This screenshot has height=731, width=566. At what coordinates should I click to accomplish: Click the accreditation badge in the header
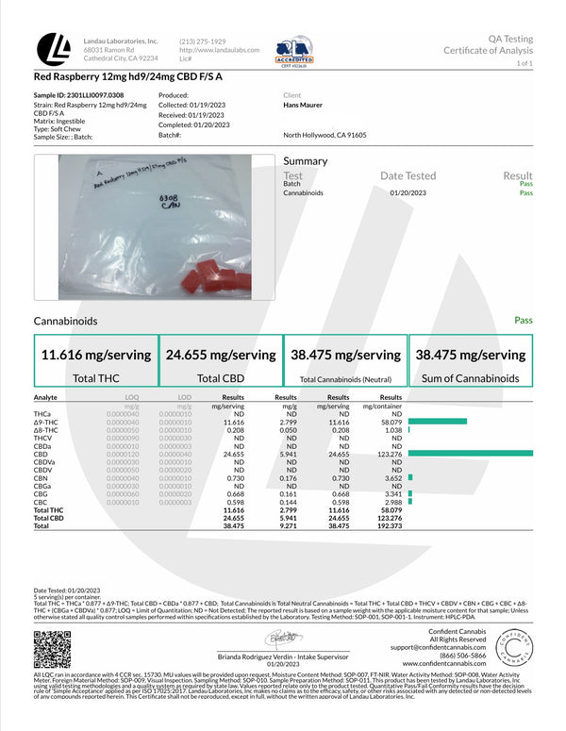tap(294, 49)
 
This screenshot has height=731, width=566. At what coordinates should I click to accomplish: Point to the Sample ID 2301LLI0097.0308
tap(77, 95)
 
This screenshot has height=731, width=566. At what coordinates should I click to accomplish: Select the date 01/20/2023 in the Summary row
tap(408, 192)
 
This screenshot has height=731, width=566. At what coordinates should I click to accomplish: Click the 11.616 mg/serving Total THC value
tap(95, 356)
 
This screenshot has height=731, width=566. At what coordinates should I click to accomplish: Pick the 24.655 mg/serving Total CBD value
tap(220, 356)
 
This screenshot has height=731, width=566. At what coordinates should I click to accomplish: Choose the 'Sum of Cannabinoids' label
tap(470, 378)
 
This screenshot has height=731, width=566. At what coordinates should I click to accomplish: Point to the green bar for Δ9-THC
tap(438, 421)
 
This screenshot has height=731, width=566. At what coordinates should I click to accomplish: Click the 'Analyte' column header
tap(46, 398)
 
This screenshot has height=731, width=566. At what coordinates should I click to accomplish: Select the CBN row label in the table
tap(41, 478)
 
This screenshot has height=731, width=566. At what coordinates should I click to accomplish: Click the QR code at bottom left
tap(52, 649)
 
